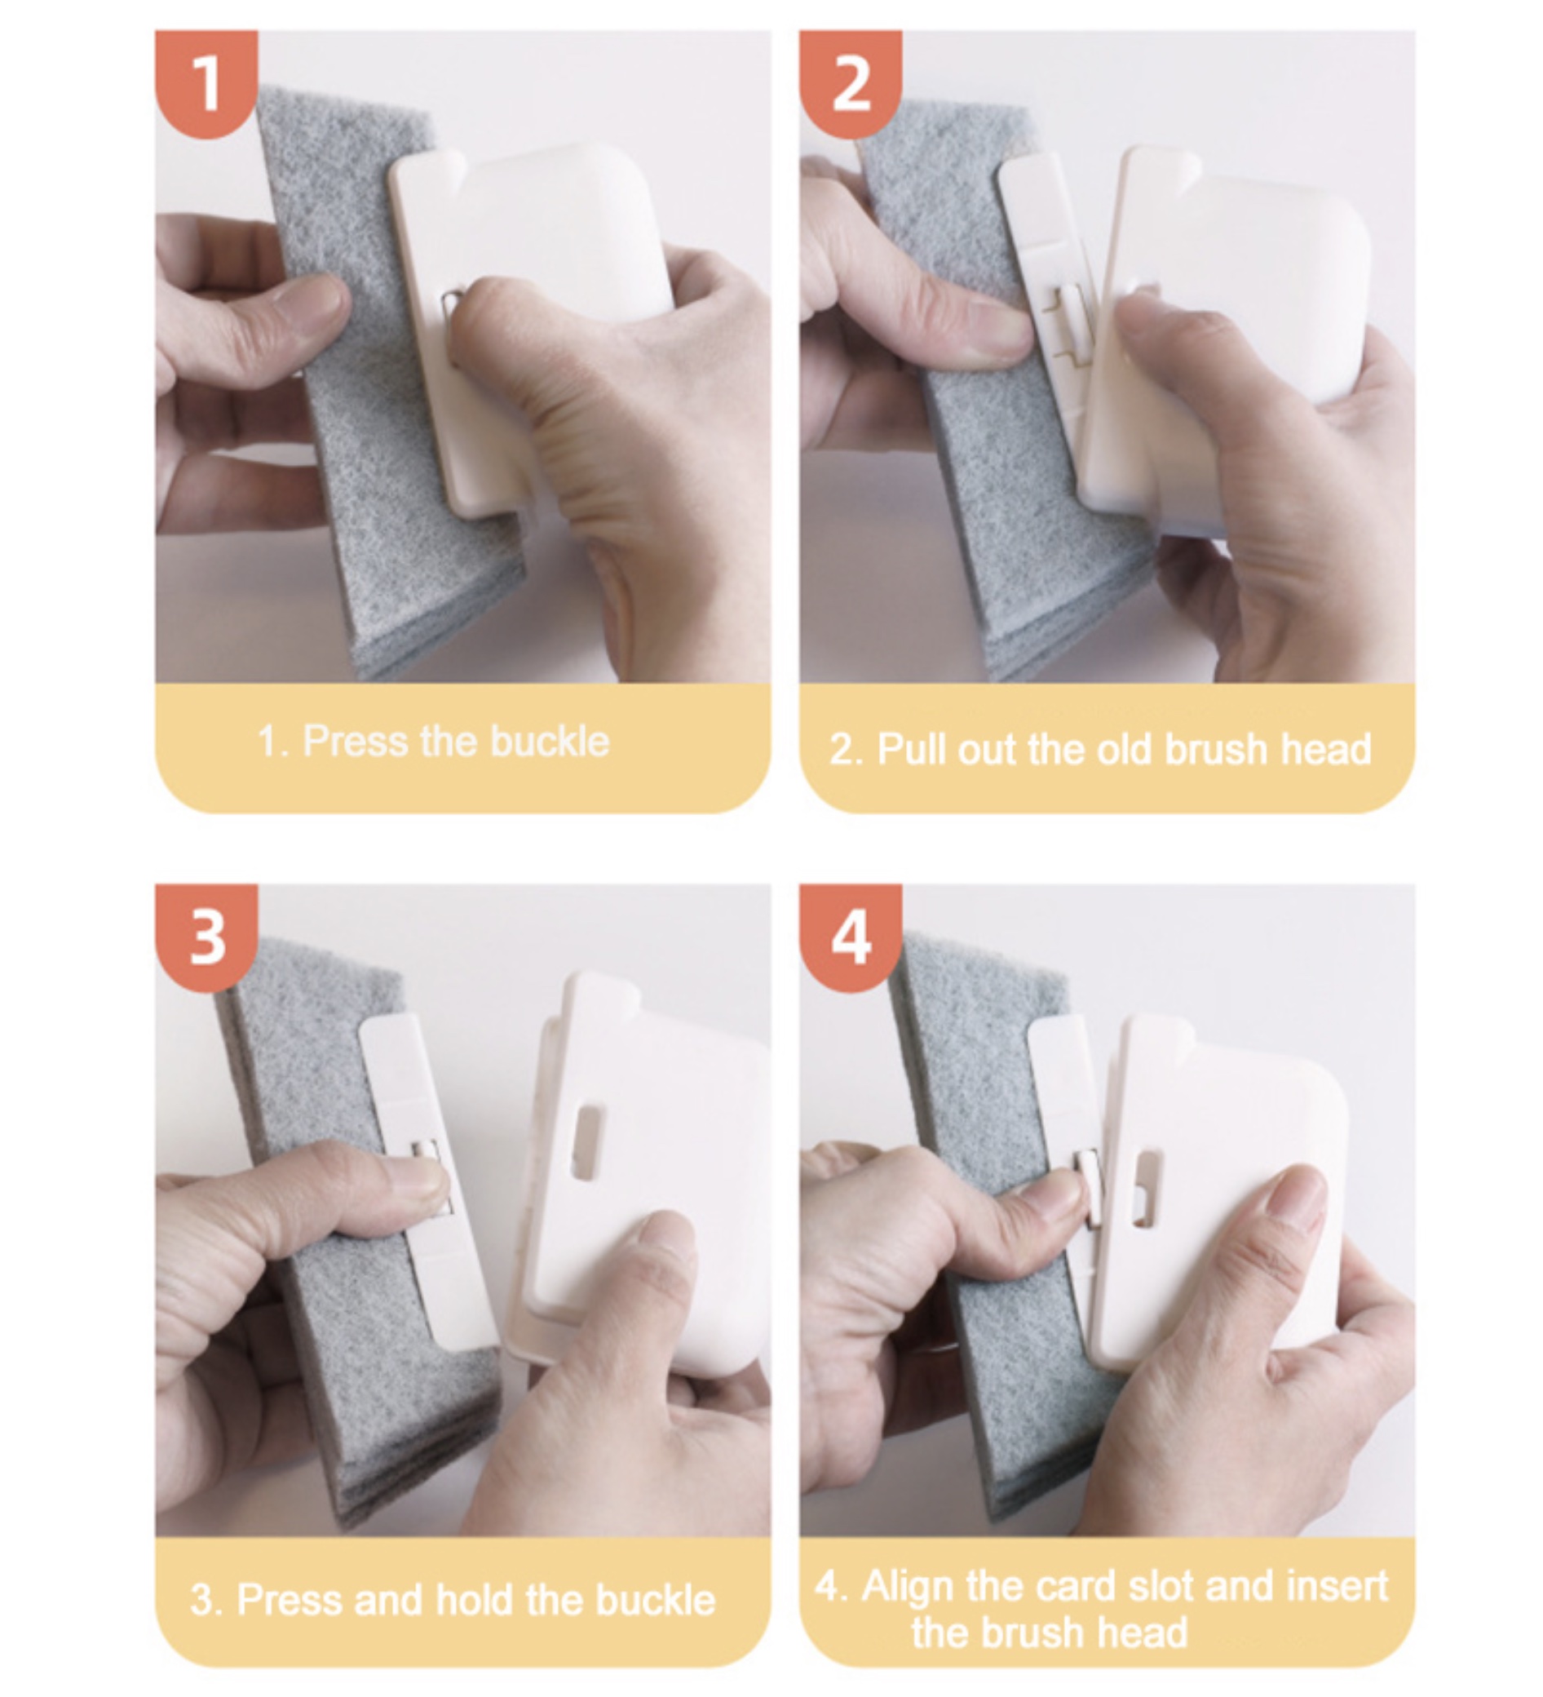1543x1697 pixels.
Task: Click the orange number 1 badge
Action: [206, 82]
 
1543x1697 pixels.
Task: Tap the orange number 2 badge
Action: [851, 82]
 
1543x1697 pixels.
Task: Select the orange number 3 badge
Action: [206, 937]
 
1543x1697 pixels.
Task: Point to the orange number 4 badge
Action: [851, 937]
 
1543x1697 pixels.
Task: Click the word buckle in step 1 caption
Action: [550, 742]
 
